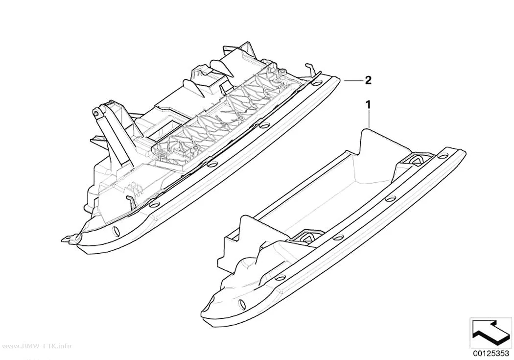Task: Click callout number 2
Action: pos(368,80)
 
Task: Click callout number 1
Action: pos(369,105)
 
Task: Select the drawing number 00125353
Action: pos(491,353)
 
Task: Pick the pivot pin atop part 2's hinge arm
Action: pos(96,113)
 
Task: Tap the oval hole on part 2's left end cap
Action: pos(116,231)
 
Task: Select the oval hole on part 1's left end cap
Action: pos(242,304)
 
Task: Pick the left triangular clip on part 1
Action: pos(309,239)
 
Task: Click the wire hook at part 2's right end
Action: pos(310,70)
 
